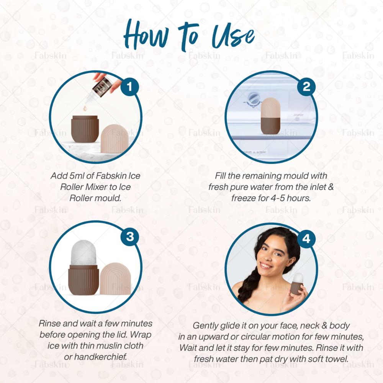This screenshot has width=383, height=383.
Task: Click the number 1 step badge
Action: (129, 87)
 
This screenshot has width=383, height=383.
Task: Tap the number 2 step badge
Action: (306, 87)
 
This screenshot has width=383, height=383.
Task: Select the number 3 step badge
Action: (130, 236)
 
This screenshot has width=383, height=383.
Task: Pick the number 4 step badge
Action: (306, 239)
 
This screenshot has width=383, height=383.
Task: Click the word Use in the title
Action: (233, 37)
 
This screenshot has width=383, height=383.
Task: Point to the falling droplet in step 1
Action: (85, 108)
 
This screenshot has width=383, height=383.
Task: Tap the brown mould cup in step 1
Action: (85, 129)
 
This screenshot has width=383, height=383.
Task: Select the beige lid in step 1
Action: (115, 139)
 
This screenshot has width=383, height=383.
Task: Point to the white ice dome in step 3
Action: (83, 253)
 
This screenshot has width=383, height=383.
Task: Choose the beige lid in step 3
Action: (115, 278)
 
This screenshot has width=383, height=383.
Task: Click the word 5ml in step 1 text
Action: (73, 176)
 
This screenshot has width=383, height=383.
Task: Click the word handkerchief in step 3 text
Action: (101, 357)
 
